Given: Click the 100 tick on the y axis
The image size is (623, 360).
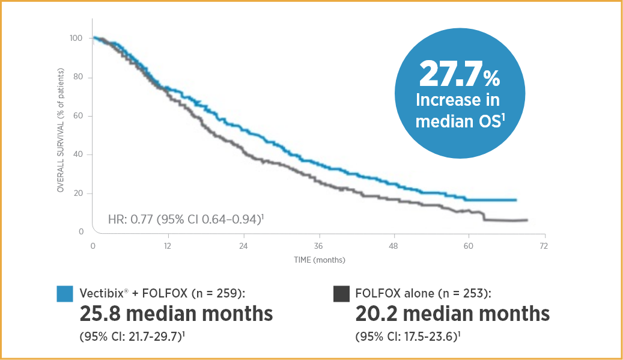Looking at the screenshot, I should point(76,38).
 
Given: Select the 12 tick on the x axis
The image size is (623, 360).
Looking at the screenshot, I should point(168,246).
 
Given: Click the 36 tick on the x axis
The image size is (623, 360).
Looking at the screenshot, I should point(318,246).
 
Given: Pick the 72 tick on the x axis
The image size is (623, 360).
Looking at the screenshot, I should point(543,246).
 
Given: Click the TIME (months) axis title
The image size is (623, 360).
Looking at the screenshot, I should point(319,260).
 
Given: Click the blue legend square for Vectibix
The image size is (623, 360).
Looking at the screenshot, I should point(64,294).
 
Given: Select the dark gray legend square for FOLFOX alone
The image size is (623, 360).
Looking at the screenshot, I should point(341,294).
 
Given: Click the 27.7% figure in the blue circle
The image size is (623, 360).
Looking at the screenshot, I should point(460,75).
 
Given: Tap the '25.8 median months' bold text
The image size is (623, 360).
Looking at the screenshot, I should point(176,314).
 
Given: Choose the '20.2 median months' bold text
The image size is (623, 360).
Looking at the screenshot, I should point(452,314).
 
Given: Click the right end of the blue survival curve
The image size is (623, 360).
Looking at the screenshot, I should point(516,200).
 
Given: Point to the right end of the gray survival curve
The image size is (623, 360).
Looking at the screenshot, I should point(527,220).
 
